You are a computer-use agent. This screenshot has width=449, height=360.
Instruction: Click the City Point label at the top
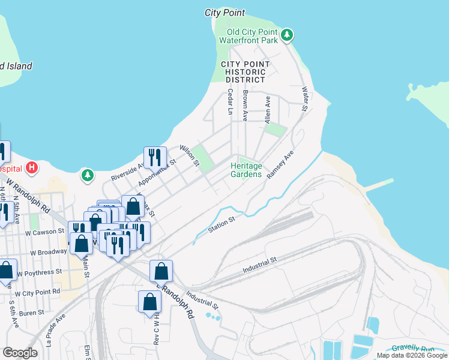224,12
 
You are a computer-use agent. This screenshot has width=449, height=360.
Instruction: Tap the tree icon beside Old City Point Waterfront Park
288,35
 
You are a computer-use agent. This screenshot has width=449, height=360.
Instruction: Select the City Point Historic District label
245,72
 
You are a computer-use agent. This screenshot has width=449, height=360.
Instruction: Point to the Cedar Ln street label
230,102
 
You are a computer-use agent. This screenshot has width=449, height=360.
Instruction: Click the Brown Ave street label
245,106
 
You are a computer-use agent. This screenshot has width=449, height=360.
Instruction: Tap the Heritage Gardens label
247,170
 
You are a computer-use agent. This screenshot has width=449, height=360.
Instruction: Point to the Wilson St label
190,155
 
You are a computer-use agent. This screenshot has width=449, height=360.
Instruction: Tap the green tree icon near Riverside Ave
88,175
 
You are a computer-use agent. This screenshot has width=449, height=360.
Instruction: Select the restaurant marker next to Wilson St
155,158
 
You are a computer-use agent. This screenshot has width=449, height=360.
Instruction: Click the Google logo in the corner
20,352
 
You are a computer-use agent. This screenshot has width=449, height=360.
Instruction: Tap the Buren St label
32,313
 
